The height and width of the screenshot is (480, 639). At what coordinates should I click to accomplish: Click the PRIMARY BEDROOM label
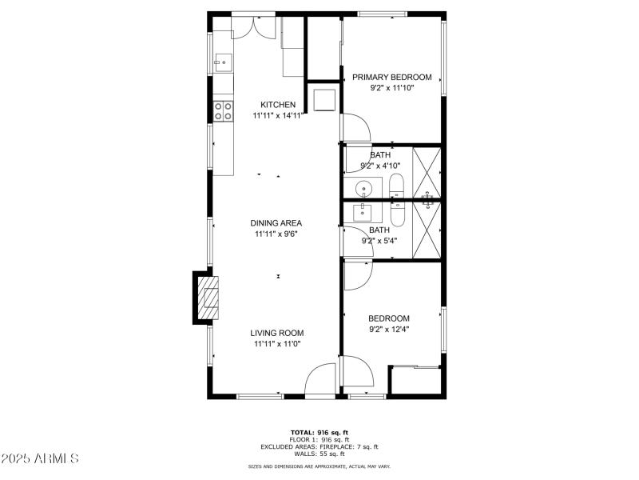[x=392, y=78]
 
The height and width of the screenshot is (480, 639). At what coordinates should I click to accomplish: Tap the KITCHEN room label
[x=278, y=105]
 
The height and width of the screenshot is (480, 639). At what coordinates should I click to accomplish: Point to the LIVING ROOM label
[x=277, y=333]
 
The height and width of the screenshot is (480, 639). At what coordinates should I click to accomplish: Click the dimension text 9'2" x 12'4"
[x=389, y=329]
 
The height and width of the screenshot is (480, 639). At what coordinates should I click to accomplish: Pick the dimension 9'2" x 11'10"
[x=392, y=89]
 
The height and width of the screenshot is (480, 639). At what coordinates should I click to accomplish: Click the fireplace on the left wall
[x=206, y=298]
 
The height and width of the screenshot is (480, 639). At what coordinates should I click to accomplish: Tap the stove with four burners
[x=223, y=110]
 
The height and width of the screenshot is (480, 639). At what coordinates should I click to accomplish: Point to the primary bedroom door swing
[x=355, y=127]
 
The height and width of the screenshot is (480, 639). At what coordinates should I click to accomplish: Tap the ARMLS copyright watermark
[x=40, y=458]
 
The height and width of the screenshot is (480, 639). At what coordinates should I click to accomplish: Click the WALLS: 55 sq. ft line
[x=319, y=454]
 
